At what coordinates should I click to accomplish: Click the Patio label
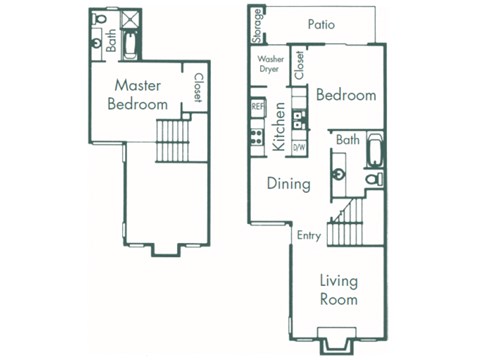pos(321,24)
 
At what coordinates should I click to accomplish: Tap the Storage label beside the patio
pos(258,25)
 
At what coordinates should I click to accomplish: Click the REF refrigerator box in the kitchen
pos(257,105)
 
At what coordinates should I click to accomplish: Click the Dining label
pos(287,184)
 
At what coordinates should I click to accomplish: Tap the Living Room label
pos(339,289)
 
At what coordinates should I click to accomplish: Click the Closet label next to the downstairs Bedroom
pos(299,66)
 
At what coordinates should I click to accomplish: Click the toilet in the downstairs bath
pos(375,178)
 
